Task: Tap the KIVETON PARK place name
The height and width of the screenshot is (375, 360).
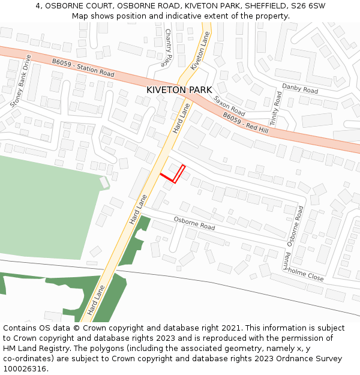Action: [179, 90]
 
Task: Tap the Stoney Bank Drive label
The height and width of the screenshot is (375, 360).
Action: [20, 82]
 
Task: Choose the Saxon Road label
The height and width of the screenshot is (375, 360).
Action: [230, 105]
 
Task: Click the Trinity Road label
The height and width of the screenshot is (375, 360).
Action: [275, 109]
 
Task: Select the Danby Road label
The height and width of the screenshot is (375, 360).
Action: [300, 89]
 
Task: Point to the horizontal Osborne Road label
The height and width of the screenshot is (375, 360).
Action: [194, 223]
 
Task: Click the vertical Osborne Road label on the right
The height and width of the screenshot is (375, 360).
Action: [295, 226]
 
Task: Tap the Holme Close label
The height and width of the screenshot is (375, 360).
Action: [307, 275]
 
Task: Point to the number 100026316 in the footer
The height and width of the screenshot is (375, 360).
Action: [24, 369]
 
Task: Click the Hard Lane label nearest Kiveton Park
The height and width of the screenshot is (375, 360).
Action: [181, 119]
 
